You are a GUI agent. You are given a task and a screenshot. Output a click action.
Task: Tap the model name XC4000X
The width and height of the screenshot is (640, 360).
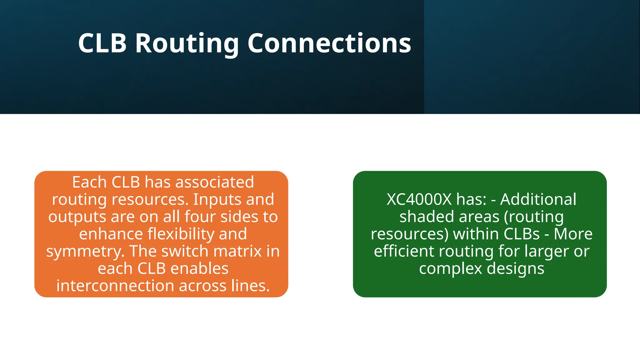pyautogui.click(x=419, y=199)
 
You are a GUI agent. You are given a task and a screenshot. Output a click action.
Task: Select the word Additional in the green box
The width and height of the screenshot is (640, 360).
pyautogui.click(x=538, y=199)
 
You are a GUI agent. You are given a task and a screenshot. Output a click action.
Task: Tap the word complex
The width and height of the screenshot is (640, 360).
pyautogui.click(x=450, y=269)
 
